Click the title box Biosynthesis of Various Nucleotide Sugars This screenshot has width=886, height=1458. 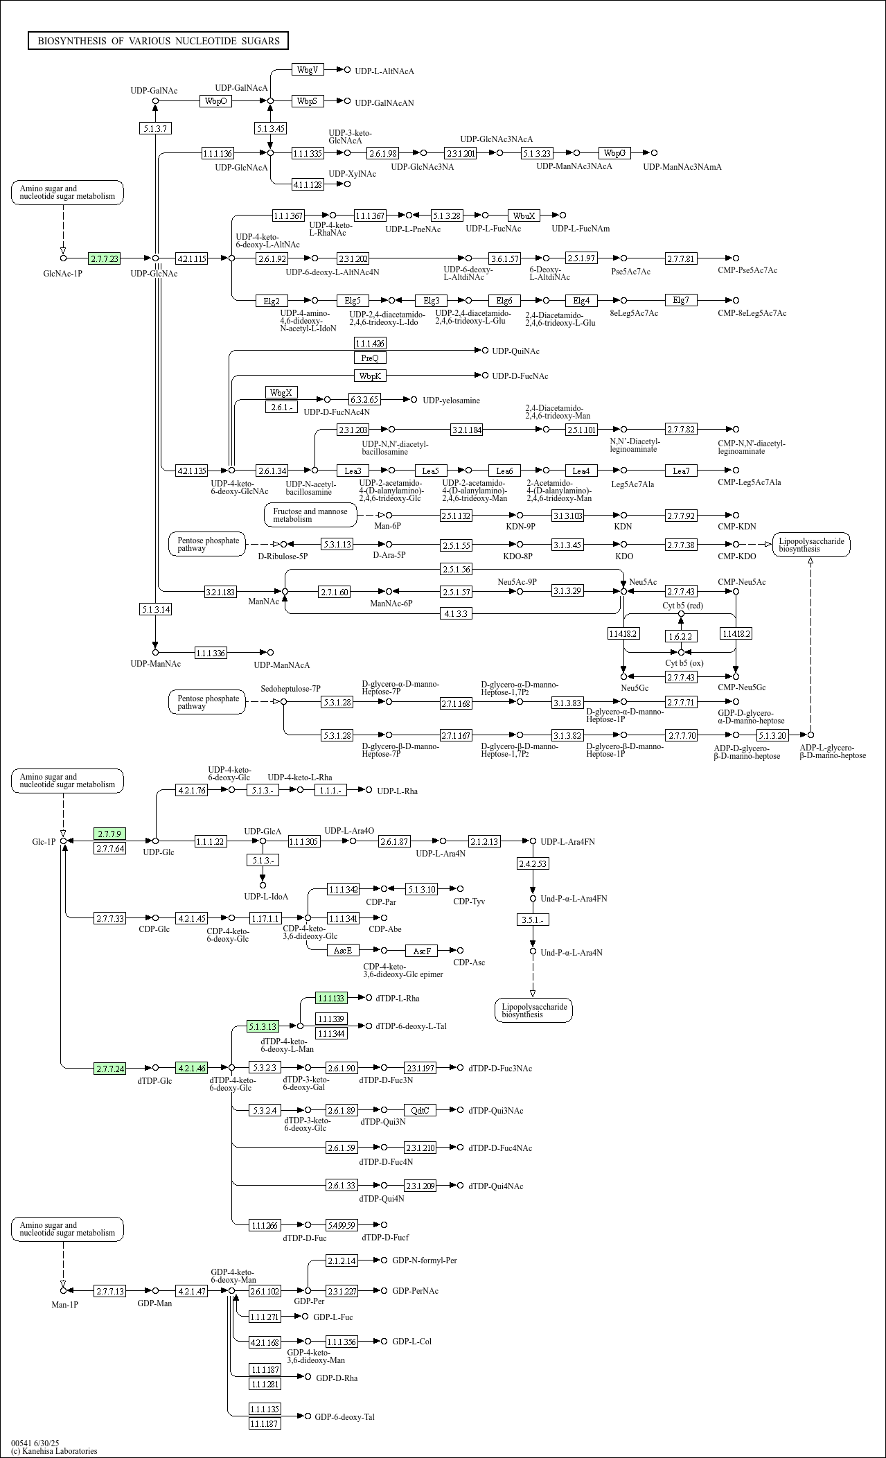[158, 41]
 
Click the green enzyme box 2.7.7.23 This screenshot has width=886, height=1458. [105, 258]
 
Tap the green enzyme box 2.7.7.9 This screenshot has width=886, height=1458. [109, 834]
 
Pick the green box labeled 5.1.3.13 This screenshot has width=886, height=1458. [263, 1026]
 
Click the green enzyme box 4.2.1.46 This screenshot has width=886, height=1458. [192, 1068]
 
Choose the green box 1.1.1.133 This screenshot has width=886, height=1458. [331, 998]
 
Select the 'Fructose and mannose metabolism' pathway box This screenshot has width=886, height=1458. [310, 515]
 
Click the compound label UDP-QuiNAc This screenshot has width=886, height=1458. [515, 351]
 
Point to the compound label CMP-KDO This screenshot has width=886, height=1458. [736, 556]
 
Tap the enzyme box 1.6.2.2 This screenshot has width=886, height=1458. [680, 635]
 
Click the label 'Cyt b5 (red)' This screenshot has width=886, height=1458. [682, 605]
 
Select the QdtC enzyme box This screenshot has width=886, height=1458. [420, 1110]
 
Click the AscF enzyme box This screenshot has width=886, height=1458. [422, 951]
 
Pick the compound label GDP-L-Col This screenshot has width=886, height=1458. [411, 1341]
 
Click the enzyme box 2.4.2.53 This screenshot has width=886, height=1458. [533, 863]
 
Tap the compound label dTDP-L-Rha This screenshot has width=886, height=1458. [398, 998]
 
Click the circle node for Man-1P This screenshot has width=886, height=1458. [63, 1290]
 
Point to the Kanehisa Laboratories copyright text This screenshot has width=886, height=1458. [54, 1450]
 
